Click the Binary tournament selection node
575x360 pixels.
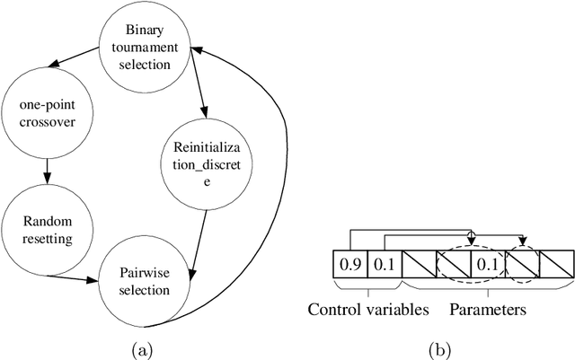pyautogui.click(x=145, y=42)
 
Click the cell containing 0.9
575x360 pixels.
pyautogui.click(x=349, y=265)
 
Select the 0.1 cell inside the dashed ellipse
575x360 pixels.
pyautogui.click(x=486, y=265)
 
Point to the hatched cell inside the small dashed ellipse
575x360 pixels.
pyautogui.click(x=520, y=265)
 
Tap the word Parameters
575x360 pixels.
pyautogui.click(x=487, y=312)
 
